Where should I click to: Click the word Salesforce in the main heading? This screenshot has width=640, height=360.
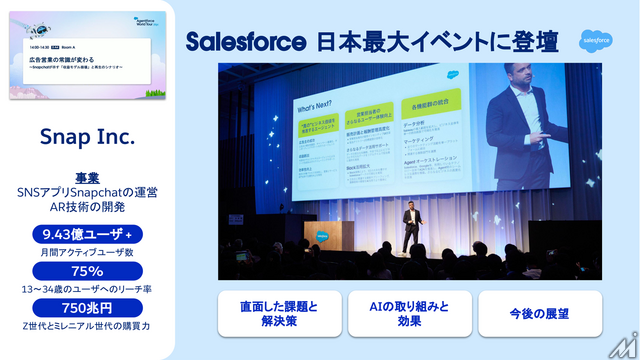click(x=246, y=42)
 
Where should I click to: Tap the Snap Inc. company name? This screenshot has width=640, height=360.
click(x=87, y=134)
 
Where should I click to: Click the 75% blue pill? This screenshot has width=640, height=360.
click(x=87, y=271)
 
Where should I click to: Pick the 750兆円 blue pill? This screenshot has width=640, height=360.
click(x=87, y=307)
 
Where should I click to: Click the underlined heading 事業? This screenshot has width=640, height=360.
click(x=87, y=177)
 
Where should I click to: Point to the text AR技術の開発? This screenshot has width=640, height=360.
click(x=87, y=206)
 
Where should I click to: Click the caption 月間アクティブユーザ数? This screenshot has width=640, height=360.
click(x=87, y=251)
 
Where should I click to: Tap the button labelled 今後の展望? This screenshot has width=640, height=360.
click(x=540, y=312)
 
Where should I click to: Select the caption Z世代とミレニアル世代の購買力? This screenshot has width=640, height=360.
click(x=87, y=325)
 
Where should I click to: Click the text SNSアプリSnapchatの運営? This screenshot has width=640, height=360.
click(x=87, y=192)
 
